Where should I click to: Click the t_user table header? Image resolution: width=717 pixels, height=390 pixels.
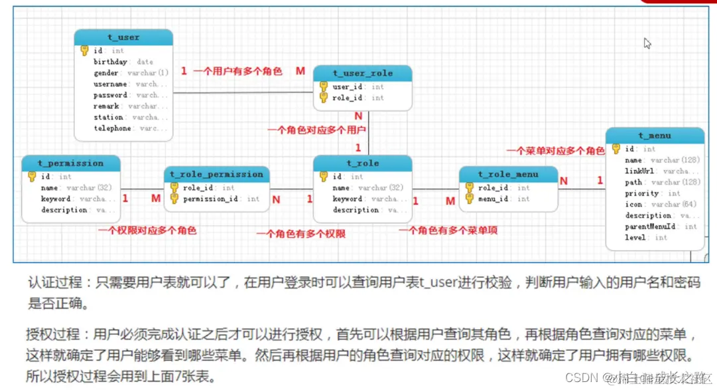click(x=123, y=37)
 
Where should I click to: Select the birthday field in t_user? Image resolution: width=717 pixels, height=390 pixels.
click(x=110, y=62)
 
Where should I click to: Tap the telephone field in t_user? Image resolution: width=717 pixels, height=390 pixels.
click(x=112, y=128)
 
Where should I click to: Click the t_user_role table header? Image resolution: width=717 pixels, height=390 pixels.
click(x=362, y=73)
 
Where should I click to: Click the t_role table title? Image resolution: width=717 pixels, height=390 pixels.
click(x=362, y=163)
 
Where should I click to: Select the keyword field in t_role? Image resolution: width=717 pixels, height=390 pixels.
click(x=348, y=199)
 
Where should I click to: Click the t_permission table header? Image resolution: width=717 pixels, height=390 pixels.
click(x=71, y=163)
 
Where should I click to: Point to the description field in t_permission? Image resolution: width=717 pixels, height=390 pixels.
click(x=64, y=210)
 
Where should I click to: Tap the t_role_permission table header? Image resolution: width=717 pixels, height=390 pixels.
click(x=216, y=174)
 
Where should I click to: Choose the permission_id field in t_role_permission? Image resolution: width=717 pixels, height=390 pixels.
click(x=212, y=199)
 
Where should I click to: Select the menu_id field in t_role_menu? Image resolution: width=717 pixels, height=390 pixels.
click(x=494, y=199)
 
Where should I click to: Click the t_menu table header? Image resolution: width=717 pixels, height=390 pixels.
click(x=655, y=136)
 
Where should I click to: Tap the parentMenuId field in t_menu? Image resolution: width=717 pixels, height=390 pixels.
click(x=650, y=227)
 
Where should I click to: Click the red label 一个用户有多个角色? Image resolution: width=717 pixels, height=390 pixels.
click(x=237, y=71)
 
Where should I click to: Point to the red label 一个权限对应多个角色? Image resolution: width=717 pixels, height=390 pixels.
click(x=147, y=231)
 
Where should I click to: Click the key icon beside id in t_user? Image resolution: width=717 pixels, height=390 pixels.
click(x=84, y=50)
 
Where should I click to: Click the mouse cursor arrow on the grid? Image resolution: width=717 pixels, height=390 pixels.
click(x=647, y=43)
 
